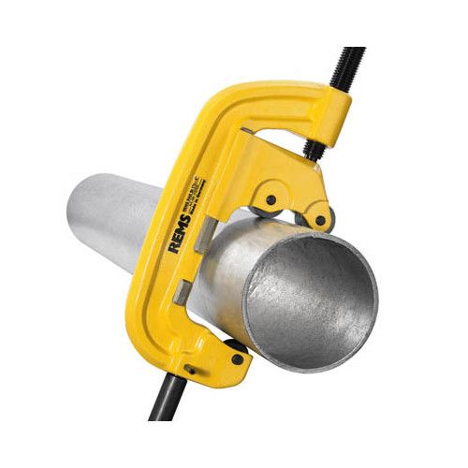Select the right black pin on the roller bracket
(321, 222)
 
